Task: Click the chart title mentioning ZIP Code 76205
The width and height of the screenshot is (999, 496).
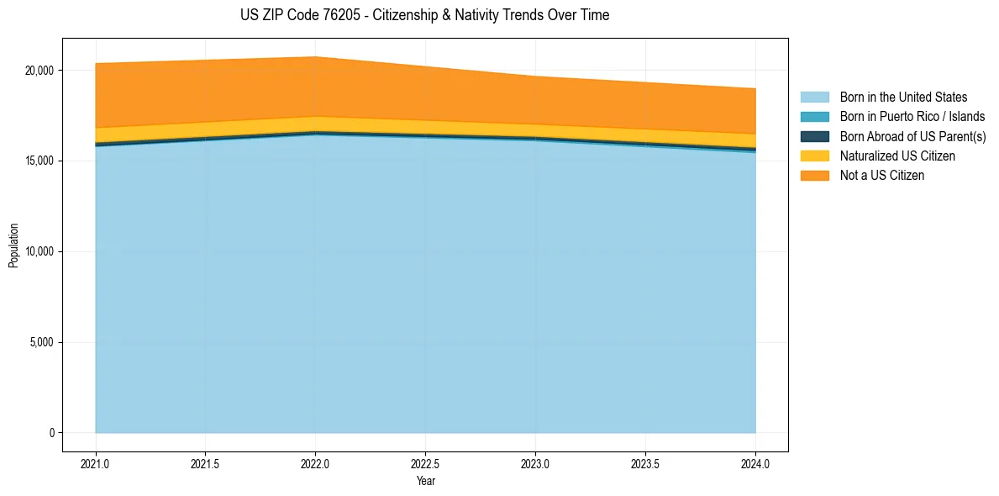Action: [x=425, y=15]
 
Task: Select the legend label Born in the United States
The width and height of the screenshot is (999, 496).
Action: [x=903, y=98]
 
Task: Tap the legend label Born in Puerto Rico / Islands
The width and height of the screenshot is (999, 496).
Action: [x=912, y=117]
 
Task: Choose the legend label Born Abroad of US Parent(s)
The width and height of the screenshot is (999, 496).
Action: [x=912, y=136]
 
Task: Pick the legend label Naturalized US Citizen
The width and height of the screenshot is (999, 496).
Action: [x=897, y=156]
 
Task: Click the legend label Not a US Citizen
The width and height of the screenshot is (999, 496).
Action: [x=882, y=176]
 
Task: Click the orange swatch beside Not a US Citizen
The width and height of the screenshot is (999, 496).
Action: [x=814, y=176]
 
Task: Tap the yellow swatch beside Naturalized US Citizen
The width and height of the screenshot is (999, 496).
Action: [x=814, y=156]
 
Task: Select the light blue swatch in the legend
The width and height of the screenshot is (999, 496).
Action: [x=814, y=98]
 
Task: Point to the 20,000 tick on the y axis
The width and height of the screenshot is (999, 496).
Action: [x=40, y=71]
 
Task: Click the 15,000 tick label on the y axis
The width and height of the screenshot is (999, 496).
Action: [x=40, y=161]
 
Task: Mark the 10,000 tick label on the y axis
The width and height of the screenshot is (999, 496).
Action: [x=40, y=252]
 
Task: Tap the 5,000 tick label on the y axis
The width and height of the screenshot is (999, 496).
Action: [x=43, y=343]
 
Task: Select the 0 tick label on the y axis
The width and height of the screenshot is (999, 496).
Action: [x=50, y=433]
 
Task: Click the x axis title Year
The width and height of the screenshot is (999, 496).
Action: [x=425, y=481]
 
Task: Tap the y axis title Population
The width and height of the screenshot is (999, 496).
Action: [x=13, y=245]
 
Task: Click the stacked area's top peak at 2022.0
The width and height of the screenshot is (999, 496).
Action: [x=315, y=57]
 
